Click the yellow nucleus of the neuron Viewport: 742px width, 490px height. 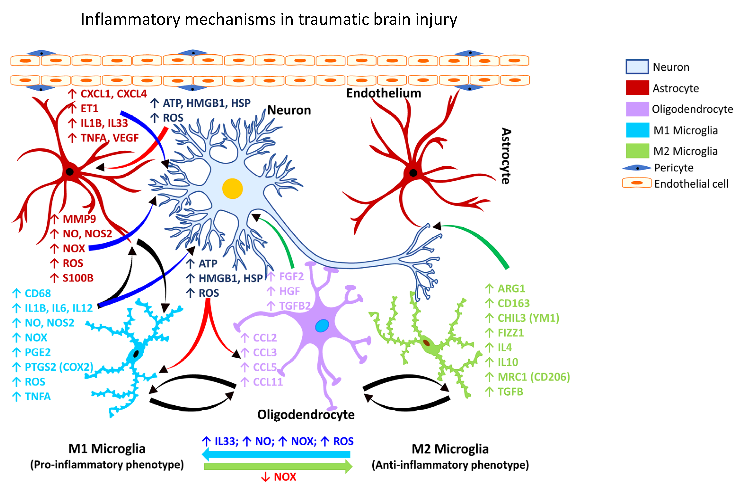(232, 188)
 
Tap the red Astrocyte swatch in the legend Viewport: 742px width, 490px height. (637, 88)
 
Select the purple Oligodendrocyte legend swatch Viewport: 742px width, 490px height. (637, 109)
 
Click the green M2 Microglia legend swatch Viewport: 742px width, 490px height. (637, 151)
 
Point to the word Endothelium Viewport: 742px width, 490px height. (384, 93)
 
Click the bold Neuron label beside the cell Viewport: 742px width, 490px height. (289, 110)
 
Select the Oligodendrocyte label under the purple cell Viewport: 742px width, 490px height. (305, 415)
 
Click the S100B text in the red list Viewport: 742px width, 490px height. (78, 278)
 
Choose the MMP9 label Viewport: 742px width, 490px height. (79, 219)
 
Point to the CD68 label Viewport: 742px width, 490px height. (38, 293)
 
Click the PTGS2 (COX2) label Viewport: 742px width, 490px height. (59, 367)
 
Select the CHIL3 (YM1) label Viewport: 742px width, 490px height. (528, 318)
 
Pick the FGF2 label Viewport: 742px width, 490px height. (291, 276)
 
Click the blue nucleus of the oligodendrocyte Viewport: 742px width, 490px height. (322, 326)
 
